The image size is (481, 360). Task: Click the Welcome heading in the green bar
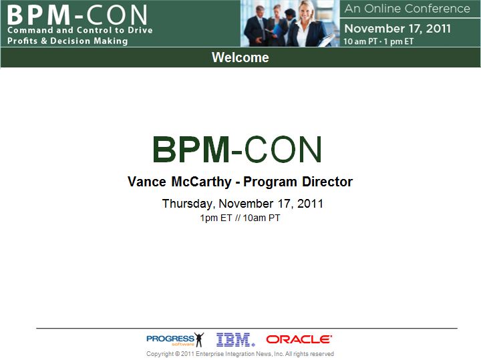tap(240, 57)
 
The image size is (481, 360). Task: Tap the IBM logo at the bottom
tap(236, 339)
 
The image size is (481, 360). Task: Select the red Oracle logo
tap(299, 339)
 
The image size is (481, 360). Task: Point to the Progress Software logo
tap(175, 340)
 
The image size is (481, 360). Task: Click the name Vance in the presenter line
tap(146, 182)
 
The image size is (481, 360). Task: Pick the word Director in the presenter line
tap(327, 182)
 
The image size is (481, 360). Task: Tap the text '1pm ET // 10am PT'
tap(240, 218)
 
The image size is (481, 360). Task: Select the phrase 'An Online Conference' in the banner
tap(407, 9)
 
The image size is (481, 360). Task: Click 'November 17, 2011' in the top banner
tap(397, 29)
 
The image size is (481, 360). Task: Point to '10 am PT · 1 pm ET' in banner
tap(379, 41)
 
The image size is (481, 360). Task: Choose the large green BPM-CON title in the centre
tap(237, 150)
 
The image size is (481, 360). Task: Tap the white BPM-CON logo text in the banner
tap(77, 15)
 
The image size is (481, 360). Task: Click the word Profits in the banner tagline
tap(23, 41)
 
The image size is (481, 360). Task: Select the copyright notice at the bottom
tap(240, 354)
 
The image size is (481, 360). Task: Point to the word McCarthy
tap(201, 182)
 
